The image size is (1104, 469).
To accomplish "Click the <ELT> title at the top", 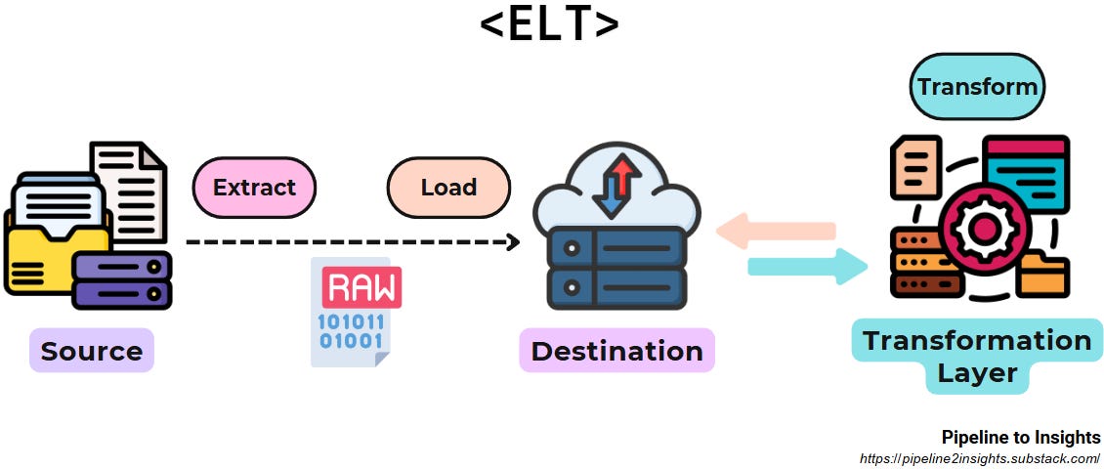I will (x=549, y=24).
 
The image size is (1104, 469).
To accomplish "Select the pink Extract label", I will (x=254, y=187).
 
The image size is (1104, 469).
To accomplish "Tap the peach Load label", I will (x=448, y=187).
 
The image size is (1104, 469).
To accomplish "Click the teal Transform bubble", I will (x=976, y=86).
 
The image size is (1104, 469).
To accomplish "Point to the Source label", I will (x=92, y=351).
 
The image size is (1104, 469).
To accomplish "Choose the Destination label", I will (x=616, y=351).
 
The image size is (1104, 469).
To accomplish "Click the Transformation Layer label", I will (x=976, y=356).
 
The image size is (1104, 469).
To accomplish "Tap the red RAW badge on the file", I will (x=361, y=287).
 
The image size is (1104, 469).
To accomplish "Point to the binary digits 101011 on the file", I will (x=352, y=321).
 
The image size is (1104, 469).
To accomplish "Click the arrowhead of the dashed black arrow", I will (x=512, y=241).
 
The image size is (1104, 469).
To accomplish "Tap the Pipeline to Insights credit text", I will (x=1020, y=437).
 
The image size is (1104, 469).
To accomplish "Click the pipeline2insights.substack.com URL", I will (x=979, y=458).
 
